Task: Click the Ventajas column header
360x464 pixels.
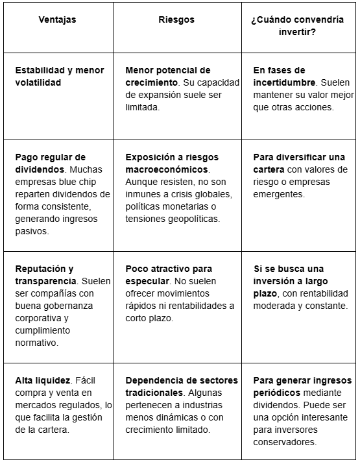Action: tap(56, 20)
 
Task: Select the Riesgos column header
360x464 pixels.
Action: tap(176, 20)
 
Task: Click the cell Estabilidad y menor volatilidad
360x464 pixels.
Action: tap(55, 77)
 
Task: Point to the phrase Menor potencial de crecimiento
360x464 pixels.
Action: tap(168, 77)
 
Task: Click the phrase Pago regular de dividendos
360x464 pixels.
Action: tap(51, 164)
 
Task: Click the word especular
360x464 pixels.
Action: tap(147, 281)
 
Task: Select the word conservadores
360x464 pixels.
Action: tap(285, 443)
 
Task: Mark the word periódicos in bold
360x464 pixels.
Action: tap(276, 393)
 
